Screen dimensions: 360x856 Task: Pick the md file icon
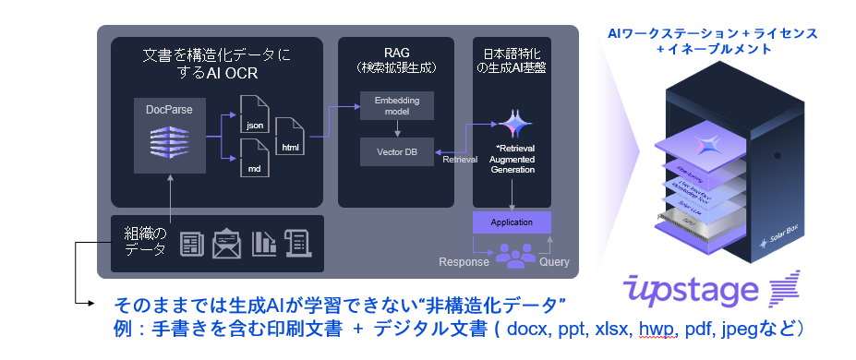(x=253, y=158)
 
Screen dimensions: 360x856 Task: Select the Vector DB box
(x=395, y=150)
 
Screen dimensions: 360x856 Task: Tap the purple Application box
(x=511, y=222)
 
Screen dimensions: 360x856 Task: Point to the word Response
(x=464, y=261)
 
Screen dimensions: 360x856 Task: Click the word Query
(x=554, y=261)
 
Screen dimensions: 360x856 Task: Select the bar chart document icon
(x=264, y=244)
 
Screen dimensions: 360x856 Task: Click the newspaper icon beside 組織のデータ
(x=191, y=244)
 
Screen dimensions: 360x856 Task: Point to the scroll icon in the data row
(x=299, y=244)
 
